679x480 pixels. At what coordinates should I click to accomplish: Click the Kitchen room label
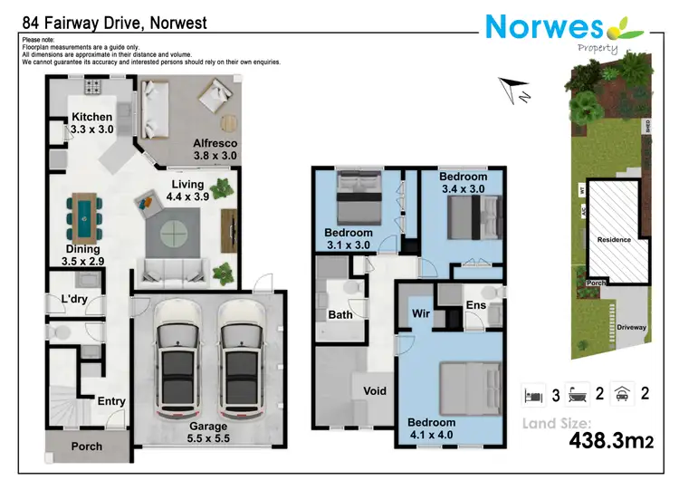click(x=92, y=117)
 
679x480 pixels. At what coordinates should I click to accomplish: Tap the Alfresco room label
click(x=215, y=143)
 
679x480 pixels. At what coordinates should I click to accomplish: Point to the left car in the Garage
click(x=176, y=360)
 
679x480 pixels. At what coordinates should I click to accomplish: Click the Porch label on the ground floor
click(x=87, y=446)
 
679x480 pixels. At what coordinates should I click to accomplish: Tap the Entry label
click(x=110, y=402)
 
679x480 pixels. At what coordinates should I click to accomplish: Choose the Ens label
click(x=476, y=305)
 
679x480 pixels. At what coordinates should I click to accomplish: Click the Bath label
click(x=340, y=315)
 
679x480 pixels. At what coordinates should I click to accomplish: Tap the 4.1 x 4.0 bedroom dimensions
click(x=431, y=435)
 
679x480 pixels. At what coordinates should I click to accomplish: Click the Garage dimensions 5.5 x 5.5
click(x=208, y=438)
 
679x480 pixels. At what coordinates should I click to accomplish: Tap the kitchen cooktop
click(x=92, y=88)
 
